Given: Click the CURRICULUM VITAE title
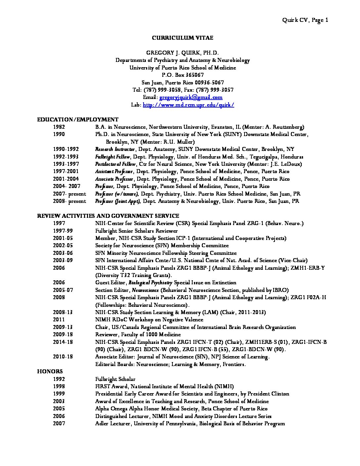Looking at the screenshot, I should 182,38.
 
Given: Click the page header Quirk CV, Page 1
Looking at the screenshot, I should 305,20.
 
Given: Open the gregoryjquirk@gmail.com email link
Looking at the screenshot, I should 191,98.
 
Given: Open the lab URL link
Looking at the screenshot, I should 188,105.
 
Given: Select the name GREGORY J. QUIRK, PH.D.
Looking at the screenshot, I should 182,53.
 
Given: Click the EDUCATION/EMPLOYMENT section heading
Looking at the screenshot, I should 78,119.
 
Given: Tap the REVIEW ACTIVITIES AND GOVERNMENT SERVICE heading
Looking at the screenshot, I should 108,216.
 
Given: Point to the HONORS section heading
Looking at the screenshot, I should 50,372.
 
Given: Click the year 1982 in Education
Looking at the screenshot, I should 59,127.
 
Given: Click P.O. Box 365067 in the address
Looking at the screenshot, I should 182,75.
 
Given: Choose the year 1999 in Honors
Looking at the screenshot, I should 59,394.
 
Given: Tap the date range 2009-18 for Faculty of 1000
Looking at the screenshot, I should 63,335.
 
